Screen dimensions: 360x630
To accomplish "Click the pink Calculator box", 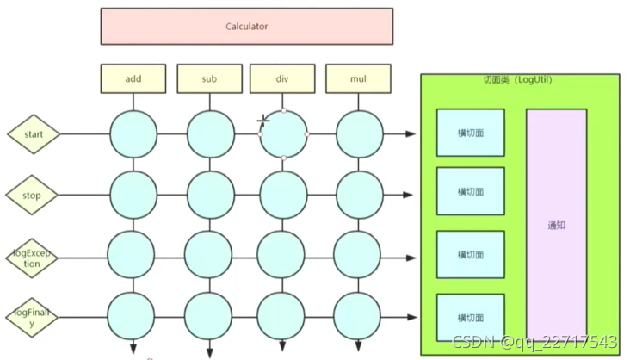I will [x=246, y=27].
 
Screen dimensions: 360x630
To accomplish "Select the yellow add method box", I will [x=133, y=79].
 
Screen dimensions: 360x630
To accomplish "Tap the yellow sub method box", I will [x=209, y=79].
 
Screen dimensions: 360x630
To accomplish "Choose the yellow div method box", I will [x=282, y=79].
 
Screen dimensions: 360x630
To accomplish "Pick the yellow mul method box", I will [x=358, y=79].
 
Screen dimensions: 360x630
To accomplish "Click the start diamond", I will [x=34, y=134].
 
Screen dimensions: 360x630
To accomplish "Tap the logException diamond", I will [x=33, y=258].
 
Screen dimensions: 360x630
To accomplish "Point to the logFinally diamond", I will [x=33, y=318].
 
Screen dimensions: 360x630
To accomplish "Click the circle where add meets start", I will [x=133, y=134].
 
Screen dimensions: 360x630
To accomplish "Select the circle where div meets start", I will [x=283, y=134].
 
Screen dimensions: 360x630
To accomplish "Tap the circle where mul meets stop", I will [x=359, y=196].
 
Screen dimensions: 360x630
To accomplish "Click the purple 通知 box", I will [x=556, y=226].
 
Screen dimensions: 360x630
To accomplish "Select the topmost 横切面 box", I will [x=470, y=133].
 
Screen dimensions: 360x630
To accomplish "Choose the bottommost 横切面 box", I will [x=470, y=317].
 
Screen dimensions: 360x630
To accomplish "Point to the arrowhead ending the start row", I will [x=411, y=134].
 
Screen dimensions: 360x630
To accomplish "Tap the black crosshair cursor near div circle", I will [x=263, y=121].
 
